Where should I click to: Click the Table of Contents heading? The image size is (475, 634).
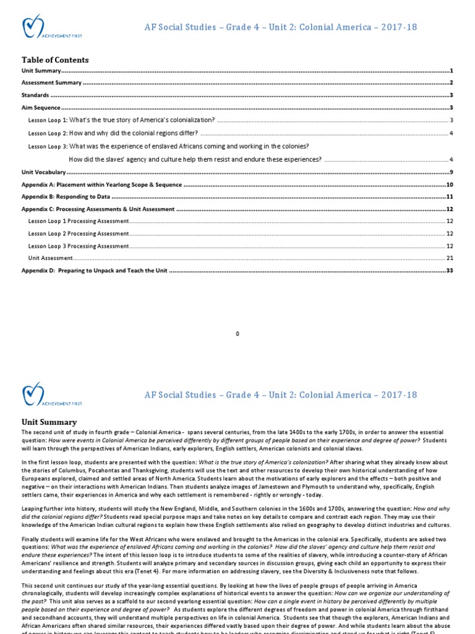55,60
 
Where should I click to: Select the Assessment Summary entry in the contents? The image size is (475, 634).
51,83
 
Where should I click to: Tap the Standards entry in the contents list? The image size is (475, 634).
35,95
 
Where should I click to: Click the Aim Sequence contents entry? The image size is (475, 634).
41,108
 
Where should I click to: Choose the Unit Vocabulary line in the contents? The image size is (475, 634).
43,172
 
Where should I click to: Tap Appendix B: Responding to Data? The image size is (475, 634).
66,196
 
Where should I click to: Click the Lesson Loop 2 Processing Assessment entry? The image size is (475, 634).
79,233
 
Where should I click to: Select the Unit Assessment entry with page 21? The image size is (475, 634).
50,258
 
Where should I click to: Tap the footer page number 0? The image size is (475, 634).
237,334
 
